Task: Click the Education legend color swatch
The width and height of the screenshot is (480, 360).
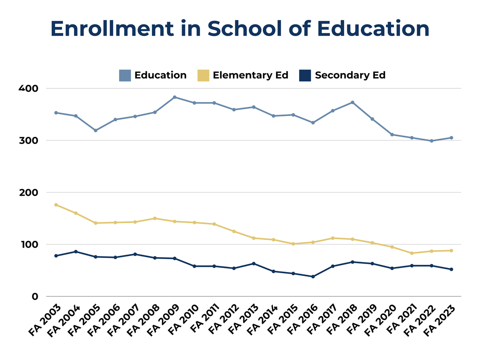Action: [x=125, y=75]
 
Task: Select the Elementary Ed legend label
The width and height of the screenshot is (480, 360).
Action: [x=250, y=75]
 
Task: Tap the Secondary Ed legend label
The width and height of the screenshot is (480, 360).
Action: [x=350, y=75]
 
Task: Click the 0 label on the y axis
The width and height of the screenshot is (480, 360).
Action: [x=35, y=296]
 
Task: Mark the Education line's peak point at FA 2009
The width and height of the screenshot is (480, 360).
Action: [x=175, y=97]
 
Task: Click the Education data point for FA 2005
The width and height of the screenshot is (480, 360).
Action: [x=96, y=130]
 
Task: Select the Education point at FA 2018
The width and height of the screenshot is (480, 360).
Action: [x=352, y=102]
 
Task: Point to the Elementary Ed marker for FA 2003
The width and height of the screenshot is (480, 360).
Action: [x=56, y=205]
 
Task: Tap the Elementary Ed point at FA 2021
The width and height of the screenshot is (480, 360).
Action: [x=412, y=253]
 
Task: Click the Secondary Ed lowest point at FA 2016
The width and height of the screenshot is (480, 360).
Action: [x=313, y=276]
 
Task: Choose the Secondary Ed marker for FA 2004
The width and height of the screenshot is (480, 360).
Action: [x=76, y=252]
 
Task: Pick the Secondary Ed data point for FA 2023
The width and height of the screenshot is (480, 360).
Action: [x=451, y=269]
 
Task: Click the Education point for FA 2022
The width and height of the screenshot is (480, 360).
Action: [x=432, y=141]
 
